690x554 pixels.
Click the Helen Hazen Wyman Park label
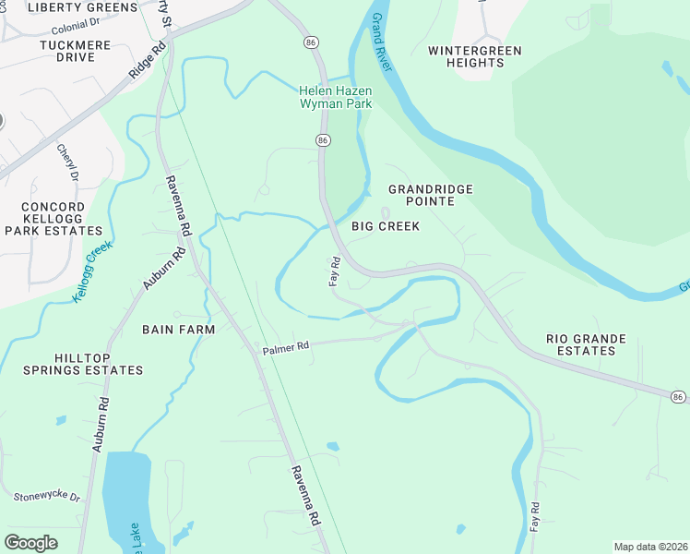(335, 97)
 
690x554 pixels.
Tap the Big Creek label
(386, 226)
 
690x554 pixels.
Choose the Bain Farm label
(178, 329)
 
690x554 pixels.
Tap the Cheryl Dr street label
(68, 163)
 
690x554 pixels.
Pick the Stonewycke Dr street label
(47, 497)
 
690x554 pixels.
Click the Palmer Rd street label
(285, 348)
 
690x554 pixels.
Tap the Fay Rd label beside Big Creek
(336, 271)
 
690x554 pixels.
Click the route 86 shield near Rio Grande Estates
(678, 396)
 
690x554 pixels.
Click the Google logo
(30, 542)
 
